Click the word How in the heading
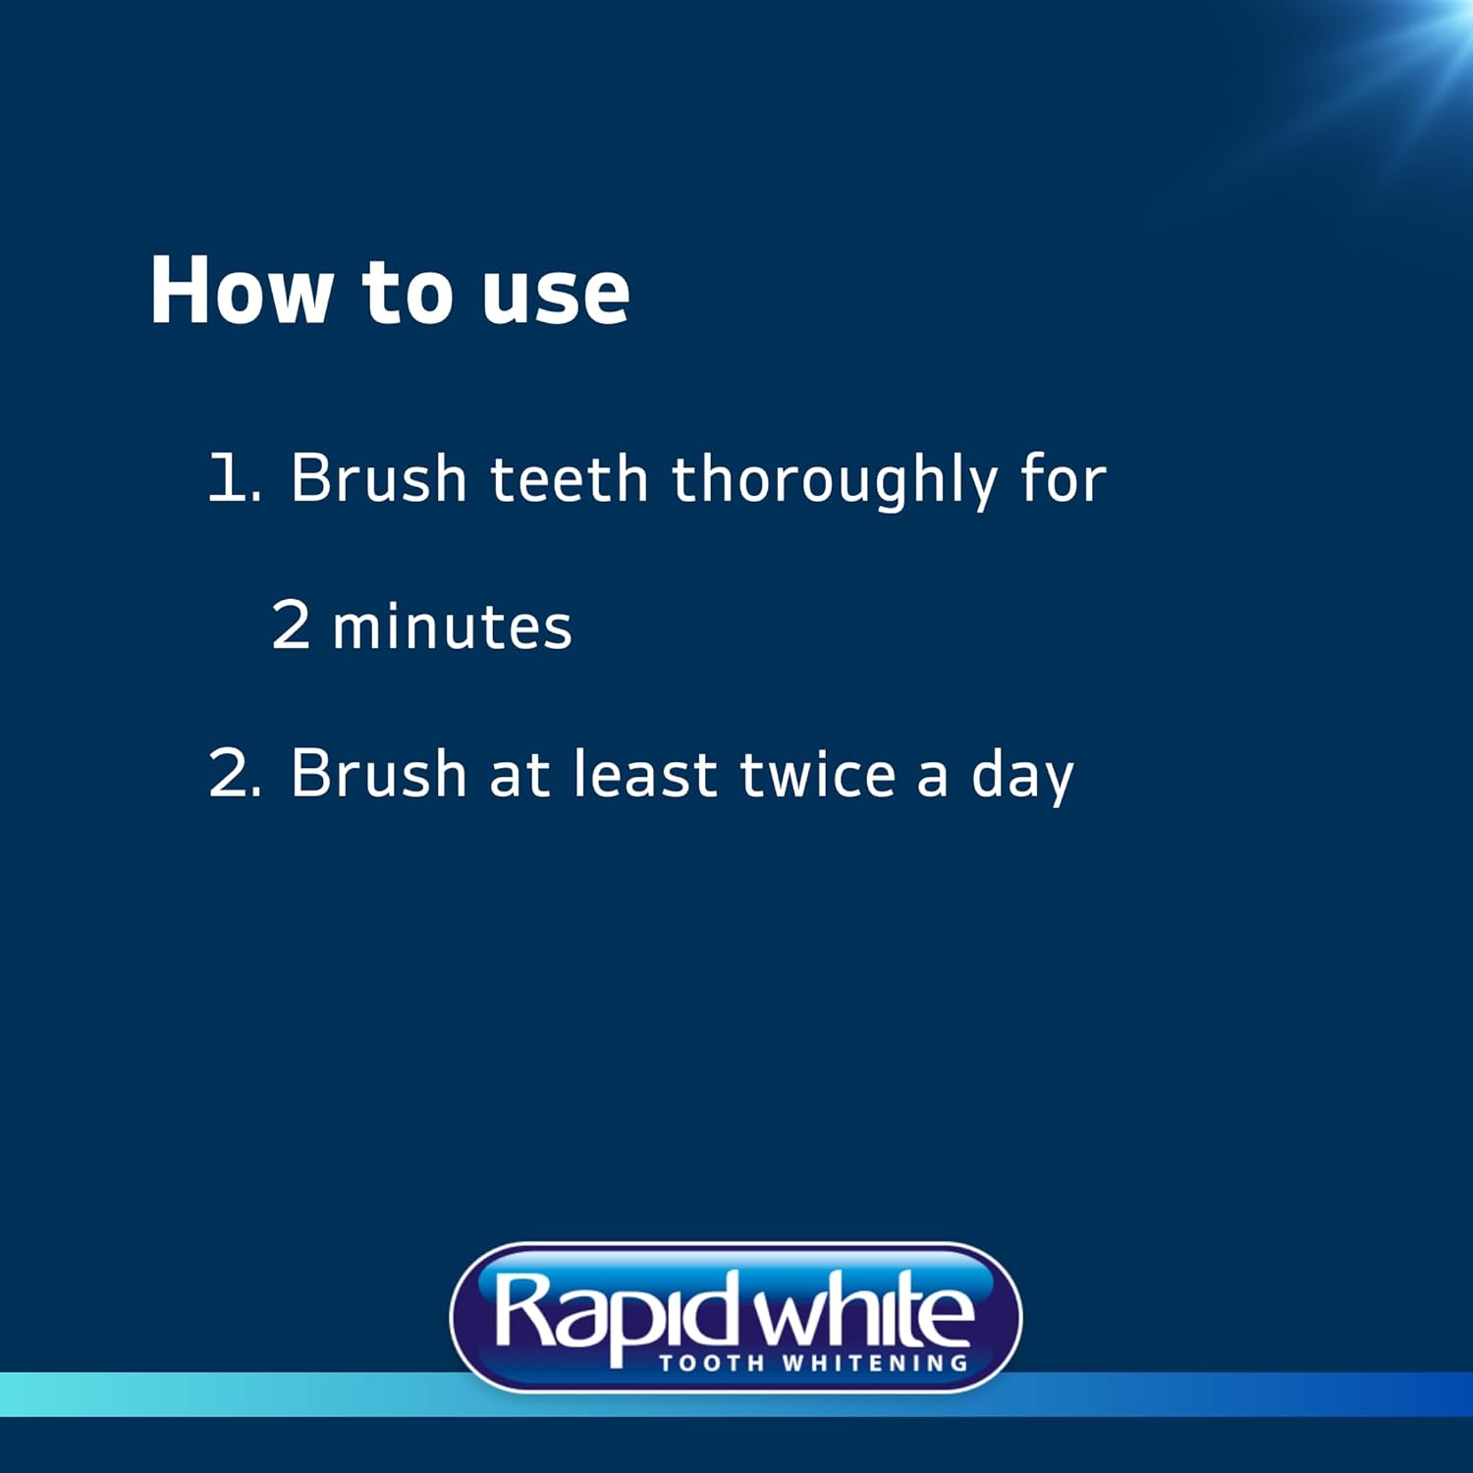point(241,291)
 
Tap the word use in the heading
point(555,295)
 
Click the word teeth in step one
point(569,479)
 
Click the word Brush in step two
point(378,774)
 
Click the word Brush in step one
point(378,479)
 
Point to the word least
point(645,774)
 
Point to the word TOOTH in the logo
point(712,1363)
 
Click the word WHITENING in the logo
point(875,1363)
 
